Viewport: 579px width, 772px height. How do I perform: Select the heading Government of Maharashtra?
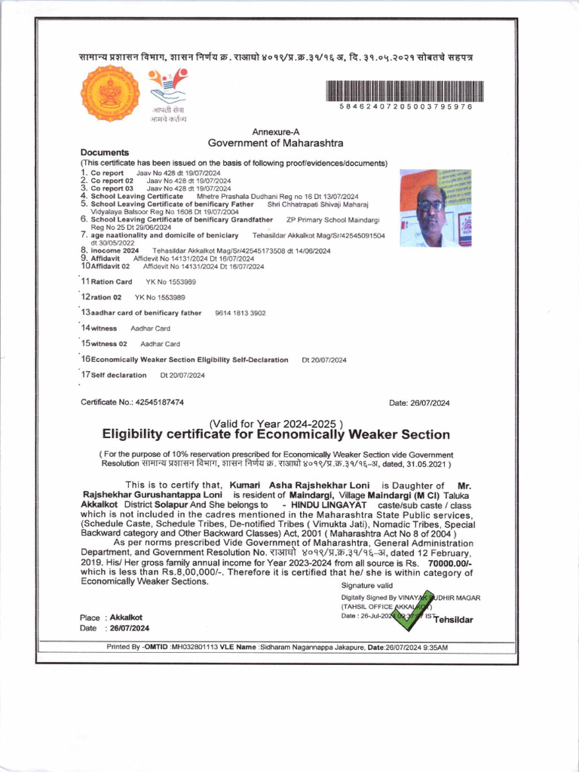[x=275, y=142]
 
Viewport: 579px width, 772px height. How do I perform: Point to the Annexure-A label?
[x=275, y=130]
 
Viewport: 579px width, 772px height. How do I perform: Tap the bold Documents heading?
[x=105, y=152]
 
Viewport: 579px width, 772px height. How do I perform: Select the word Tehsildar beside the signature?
[x=453, y=620]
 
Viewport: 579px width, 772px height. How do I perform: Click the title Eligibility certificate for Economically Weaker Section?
[x=276, y=435]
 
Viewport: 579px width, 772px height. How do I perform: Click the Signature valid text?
[x=367, y=585]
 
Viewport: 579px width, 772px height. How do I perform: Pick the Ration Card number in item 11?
[x=160, y=281]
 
